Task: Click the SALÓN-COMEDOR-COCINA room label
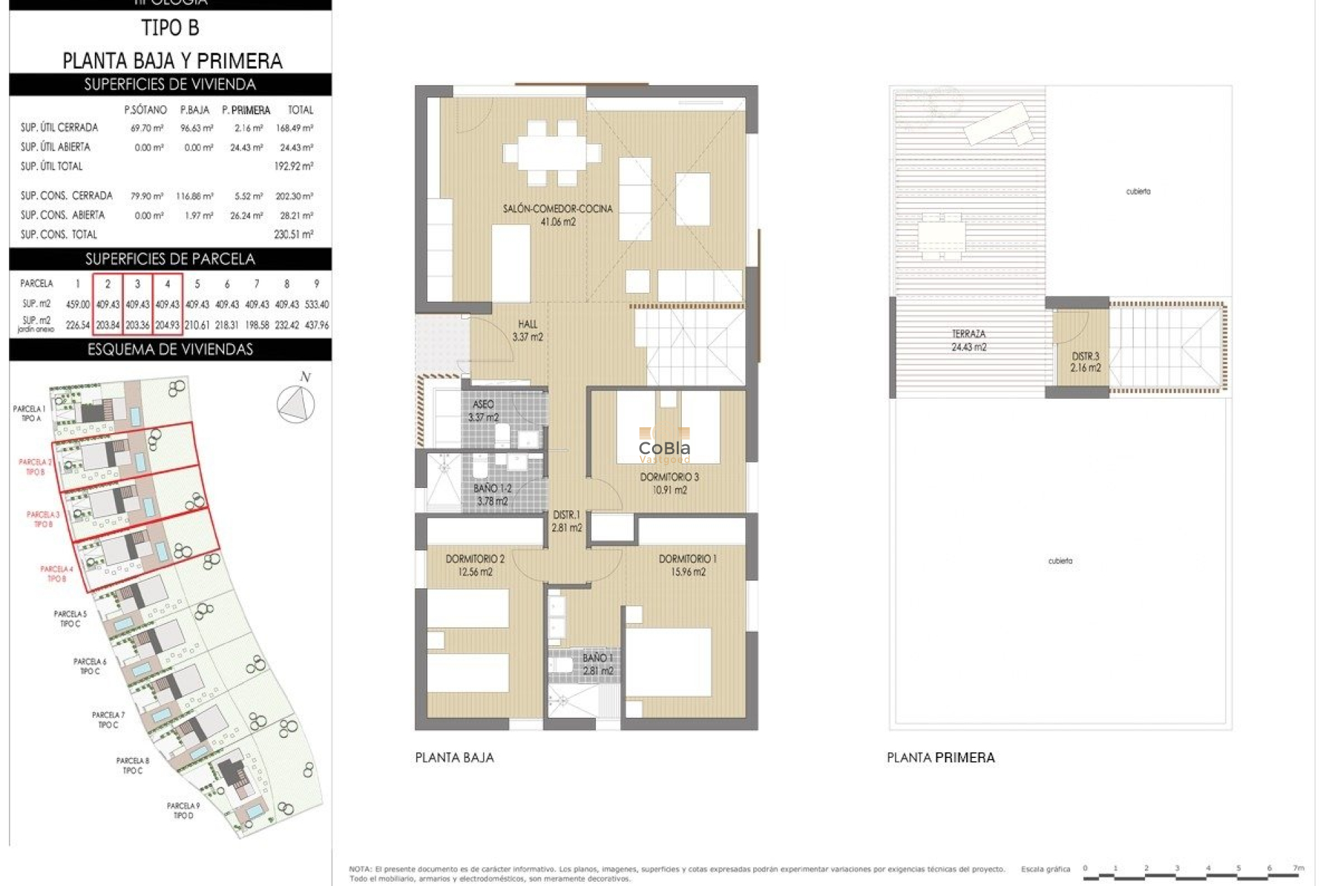click(557, 208)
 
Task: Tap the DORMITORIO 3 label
click(669, 477)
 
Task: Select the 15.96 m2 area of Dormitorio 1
click(687, 572)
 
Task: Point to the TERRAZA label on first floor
click(968, 334)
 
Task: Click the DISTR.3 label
click(1085, 356)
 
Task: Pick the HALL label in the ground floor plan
click(527, 324)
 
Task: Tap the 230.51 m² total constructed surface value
click(293, 235)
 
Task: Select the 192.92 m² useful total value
click(293, 166)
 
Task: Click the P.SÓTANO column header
click(145, 110)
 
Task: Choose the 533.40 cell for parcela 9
click(316, 304)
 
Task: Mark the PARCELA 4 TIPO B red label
click(57, 574)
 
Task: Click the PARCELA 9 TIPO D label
click(183, 811)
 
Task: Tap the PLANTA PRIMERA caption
click(940, 758)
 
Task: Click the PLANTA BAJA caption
click(454, 758)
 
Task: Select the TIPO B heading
click(170, 28)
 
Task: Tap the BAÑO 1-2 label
click(492, 489)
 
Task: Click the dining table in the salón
click(552, 153)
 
